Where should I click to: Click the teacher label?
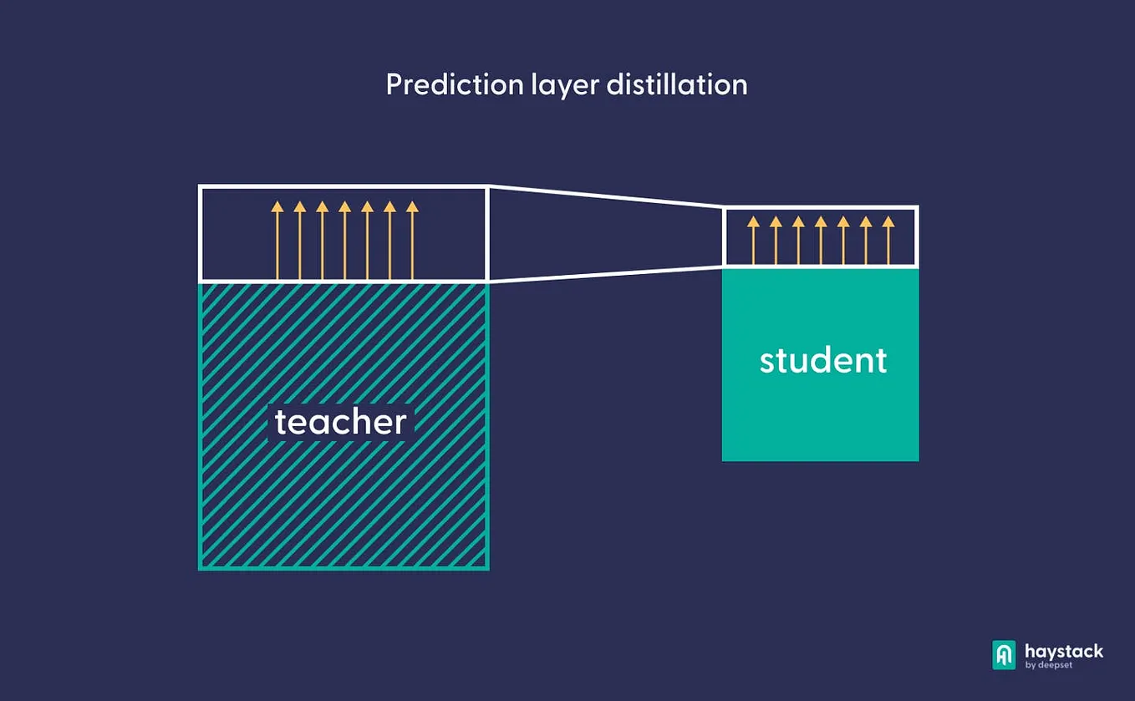tap(340, 422)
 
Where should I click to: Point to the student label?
tap(823, 360)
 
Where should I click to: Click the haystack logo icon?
tap(1004, 655)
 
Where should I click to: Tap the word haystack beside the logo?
tap(1064, 651)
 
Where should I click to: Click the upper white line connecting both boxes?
tap(605, 196)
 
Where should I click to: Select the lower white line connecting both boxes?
tap(605, 274)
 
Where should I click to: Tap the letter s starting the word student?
tap(768, 362)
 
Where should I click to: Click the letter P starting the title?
tap(394, 84)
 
